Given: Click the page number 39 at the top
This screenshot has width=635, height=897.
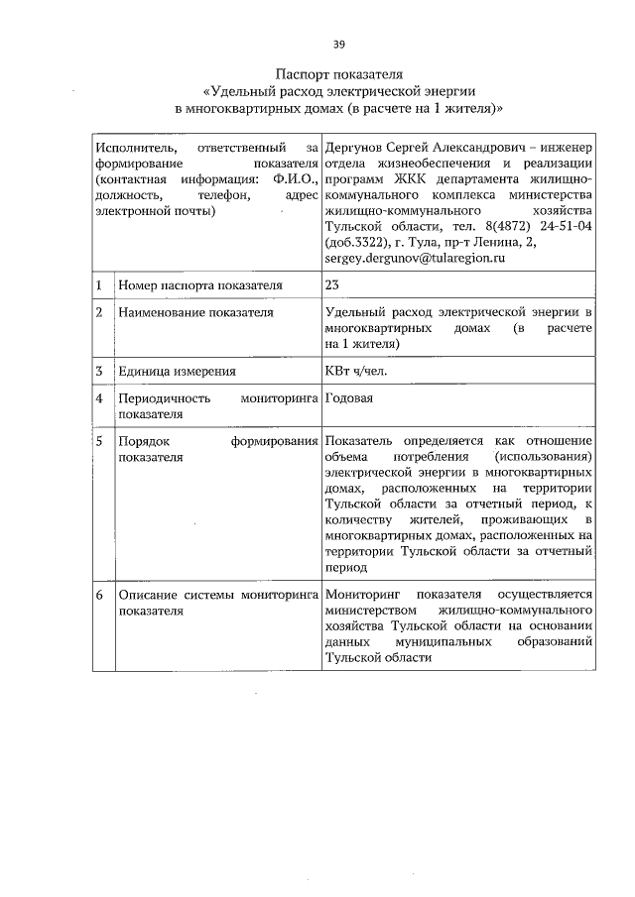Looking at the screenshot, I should pyautogui.click(x=338, y=44).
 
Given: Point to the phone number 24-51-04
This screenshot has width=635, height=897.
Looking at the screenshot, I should pyautogui.click(x=568, y=226).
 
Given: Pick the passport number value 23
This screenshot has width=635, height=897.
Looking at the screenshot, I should pyautogui.click(x=332, y=285).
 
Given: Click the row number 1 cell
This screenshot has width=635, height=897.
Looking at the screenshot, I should pyautogui.click(x=100, y=285).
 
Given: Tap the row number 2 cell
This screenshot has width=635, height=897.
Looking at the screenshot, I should pyautogui.click(x=100, y=313).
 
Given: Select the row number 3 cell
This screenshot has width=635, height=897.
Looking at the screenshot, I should pyautogui.click(x=100, y=372).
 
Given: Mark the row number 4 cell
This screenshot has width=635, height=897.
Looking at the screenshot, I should pyautogui.click(x=100, y=398).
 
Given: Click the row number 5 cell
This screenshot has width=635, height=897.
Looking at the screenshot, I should pyautogui.click(x=100, y=441).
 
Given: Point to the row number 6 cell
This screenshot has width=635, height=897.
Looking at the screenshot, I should pyautogui.click(x=100, y=595).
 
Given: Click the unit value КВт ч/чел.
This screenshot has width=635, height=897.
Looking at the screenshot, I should pyautogui.click(x=355, y=372).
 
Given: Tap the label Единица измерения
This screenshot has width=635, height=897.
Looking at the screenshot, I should pyautogui.click(x=177, y=372).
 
